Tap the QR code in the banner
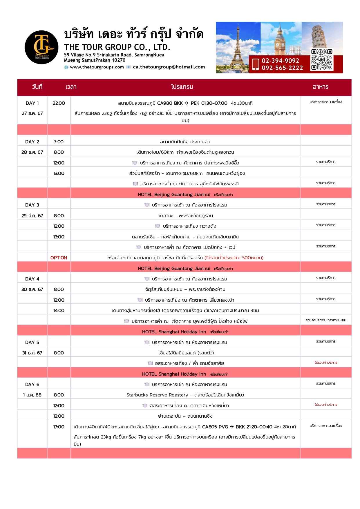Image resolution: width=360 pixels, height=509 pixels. click(x=322, y=60)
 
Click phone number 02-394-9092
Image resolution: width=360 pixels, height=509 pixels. click(x=280, y=61)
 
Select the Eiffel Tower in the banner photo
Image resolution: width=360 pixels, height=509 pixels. click(x=238, y=44)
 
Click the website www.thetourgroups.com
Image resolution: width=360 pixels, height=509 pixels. click(x=97, y=67)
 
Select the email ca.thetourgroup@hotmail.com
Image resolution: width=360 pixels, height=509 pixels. click(x=169, y=67)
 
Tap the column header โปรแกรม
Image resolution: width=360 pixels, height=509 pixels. click(x=182, y=87)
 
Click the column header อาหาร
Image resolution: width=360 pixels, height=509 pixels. click(x=321, y=87)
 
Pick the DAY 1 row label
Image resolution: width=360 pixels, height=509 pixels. click(x=32, y=103)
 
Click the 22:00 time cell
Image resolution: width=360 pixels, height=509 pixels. click(x=59, y=103)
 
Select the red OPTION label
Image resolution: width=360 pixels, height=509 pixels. click(x=59, y=258)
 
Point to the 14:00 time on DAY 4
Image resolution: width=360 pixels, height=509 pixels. click(x=59, y=310)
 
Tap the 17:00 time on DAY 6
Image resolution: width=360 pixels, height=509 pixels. click(x=59, y=427)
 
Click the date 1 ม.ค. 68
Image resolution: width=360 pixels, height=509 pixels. click(x=32, y=395)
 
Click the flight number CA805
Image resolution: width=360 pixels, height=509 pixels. click(x=209, y=427)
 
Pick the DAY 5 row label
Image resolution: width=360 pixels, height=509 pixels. click(x=32, y=342)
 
